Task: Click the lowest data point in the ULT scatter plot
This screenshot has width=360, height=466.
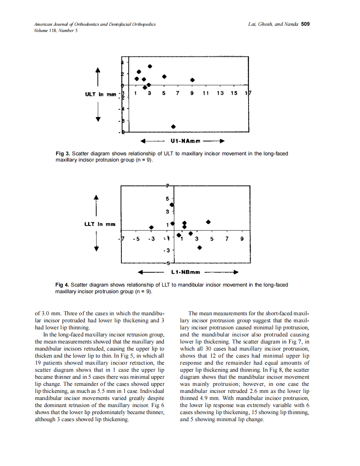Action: click(x=173, y=126)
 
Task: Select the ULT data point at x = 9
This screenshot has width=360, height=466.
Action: click(x=192, y=80)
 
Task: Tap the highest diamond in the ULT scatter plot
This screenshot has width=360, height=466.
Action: click(x=150, y=66)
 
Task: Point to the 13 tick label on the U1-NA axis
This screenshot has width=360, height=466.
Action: click(x=220, y=93)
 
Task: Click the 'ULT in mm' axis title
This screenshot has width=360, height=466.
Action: click(x=100, y=94)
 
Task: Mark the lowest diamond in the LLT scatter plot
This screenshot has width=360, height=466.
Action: click(x=200, y=248)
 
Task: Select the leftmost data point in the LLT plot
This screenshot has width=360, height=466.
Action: click(x=152, y=227)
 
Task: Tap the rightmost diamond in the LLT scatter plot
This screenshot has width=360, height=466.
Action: click(x=209, y=222)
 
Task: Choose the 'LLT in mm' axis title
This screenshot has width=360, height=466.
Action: click(x=99, y=224)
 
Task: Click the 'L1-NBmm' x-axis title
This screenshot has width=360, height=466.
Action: click(x=185, y=272)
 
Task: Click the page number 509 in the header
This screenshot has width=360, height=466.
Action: click(x=305, y=24)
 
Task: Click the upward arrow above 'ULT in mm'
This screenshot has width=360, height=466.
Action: click(x=99, y=75)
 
